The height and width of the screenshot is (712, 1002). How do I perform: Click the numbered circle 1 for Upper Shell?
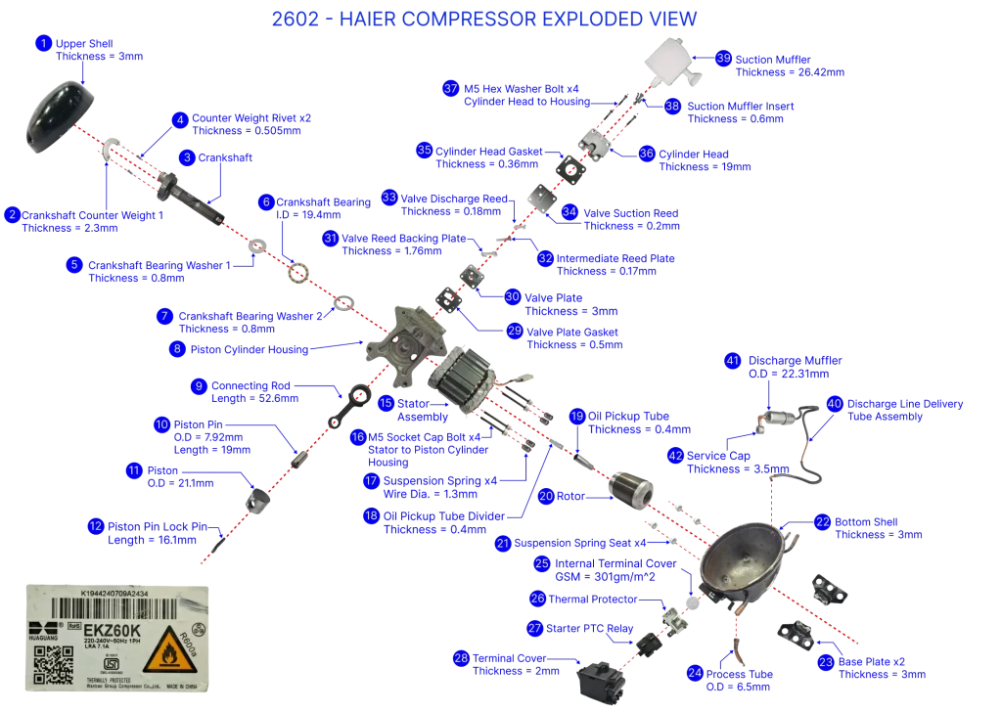click(x=42, y=43)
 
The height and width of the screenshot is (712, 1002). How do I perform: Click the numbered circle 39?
click(x=723, y=58)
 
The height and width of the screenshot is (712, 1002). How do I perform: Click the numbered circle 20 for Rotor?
click(x=546, y=496)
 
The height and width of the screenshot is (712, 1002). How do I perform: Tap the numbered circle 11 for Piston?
click(x=134, y=470)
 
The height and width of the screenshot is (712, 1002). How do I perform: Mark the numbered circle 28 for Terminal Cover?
click(x=461, y=658)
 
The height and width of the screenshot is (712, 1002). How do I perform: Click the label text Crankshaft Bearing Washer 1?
click(x=159, y=264)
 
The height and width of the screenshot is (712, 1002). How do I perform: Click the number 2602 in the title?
click(x=296, y=19)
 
